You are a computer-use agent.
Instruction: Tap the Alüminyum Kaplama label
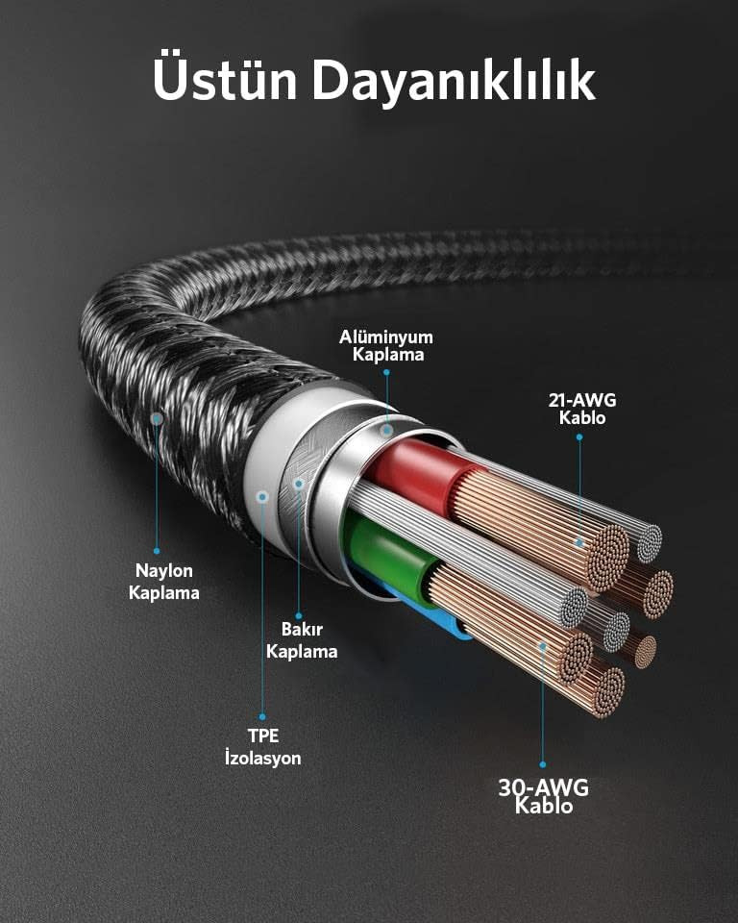[x=386, y=345]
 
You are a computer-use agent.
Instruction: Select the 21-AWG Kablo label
[x=582, y=409]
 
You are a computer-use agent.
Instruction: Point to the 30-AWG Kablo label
[x=543, y=796]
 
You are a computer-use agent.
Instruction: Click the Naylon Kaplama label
[x=163, y=582]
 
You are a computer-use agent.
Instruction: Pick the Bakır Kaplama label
[x=302, y=640]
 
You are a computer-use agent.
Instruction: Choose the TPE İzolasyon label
[x=262, y=746]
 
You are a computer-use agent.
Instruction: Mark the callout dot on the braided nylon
[x=157, y=418]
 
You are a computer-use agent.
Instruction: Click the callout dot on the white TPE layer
[x=263, y=497]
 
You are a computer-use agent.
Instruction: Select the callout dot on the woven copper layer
[x=299, y=484]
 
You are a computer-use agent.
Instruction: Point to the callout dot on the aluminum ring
[x=386, y=431]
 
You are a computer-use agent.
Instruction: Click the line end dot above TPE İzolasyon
[x=262, y=717]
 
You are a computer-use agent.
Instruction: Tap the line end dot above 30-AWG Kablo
[x=543, y=764]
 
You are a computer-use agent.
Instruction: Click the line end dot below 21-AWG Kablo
[x=579, y=437]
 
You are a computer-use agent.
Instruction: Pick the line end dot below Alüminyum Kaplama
[x=386, y=372]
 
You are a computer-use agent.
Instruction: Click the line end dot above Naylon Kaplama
[x=157, y=551]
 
